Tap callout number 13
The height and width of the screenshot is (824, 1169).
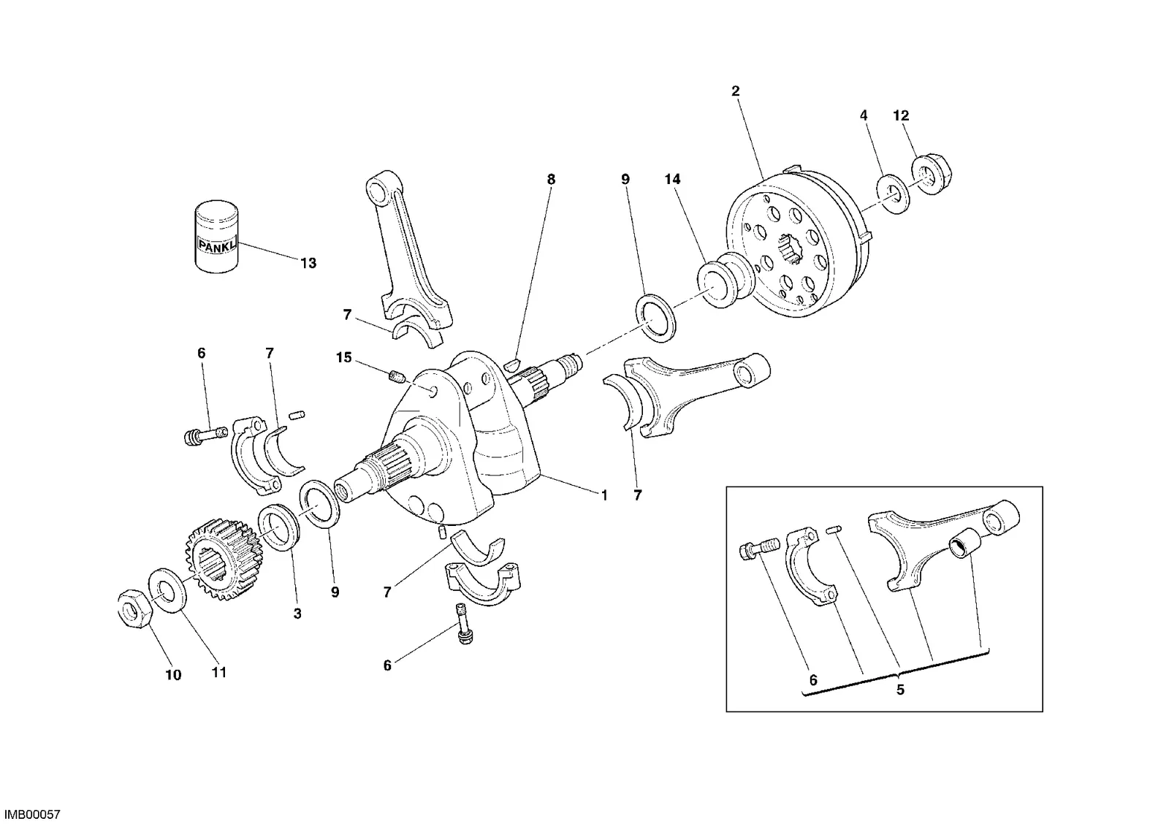308,263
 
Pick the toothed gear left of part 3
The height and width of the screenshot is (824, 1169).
224,559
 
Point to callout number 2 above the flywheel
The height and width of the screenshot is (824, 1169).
735,91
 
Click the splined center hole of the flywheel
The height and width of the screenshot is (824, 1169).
788,249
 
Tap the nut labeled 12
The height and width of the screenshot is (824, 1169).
934,174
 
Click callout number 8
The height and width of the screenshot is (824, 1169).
551,180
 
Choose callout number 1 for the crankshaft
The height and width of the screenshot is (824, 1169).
604,495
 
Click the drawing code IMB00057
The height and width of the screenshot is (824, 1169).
32,815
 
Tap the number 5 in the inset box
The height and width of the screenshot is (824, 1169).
900,690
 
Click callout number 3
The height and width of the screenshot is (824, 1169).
297,614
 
